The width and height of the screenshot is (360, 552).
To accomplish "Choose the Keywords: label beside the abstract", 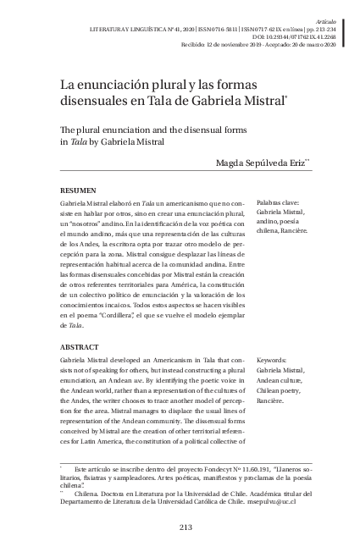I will click(x=273, y=360).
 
